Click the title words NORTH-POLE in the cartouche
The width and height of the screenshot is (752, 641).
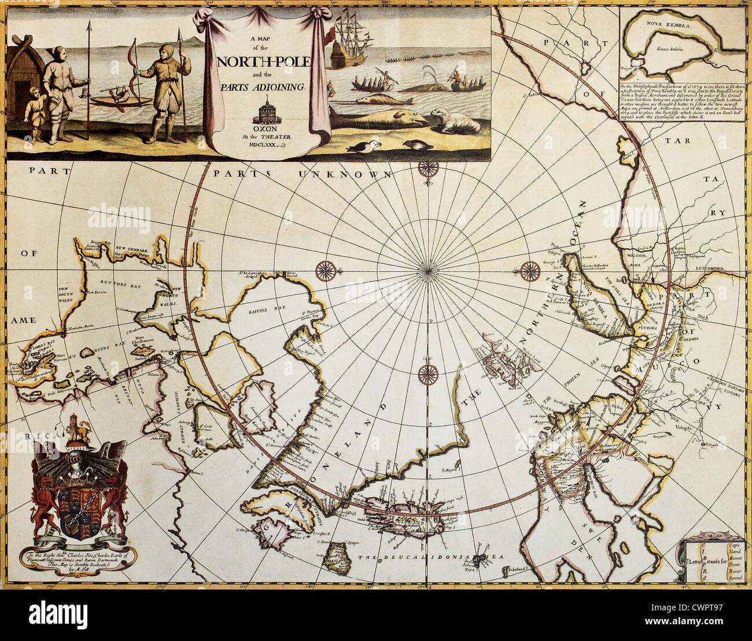click(263, 61)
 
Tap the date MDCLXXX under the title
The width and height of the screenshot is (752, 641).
click(264, 145)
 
